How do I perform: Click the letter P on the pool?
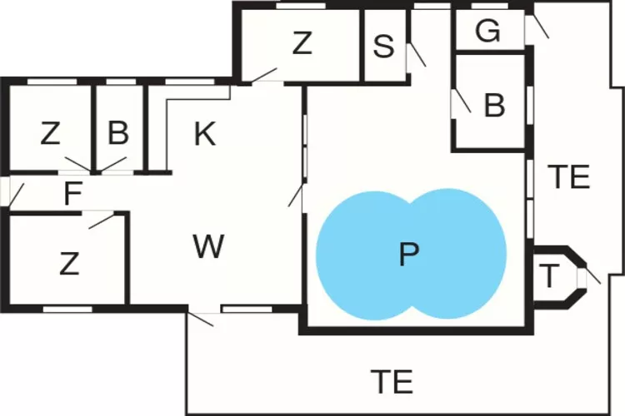[x=409, y=255]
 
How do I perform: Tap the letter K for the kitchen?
[x=205, y=134]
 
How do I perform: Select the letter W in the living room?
[x=208, y=246]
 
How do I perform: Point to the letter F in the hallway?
[x=73, y=193]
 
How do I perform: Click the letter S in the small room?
[x=383, y=47]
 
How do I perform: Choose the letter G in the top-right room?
[x=487, y=30]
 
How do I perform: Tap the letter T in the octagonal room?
[x=549, y=276]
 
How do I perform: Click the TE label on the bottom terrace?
[x=392, y=381]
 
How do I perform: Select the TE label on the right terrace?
[x=569, y=176]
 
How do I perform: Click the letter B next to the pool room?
[x=495, y=106]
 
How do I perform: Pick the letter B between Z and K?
[x=118, y=133]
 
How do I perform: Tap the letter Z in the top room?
[x=302, y=43]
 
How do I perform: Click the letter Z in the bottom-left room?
[x=69, y=264]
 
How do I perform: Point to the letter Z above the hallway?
[x=50, y=134]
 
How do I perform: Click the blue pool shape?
[x=412, y=255]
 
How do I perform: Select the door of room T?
[x=588, y=276]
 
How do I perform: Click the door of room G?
[x=536, y=26]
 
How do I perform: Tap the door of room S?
[x=416, y=56]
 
